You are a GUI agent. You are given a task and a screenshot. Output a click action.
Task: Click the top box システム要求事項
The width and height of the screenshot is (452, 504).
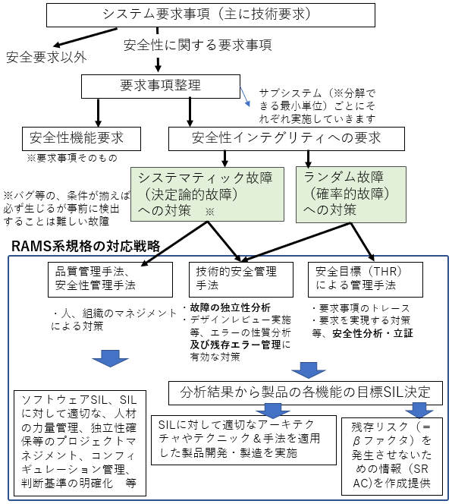pos(211,15)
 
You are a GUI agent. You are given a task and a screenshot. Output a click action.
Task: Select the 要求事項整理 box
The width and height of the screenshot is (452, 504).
pos(161,87)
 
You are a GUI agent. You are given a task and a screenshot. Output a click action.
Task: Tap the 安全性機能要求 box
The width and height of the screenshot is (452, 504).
pos(81,139)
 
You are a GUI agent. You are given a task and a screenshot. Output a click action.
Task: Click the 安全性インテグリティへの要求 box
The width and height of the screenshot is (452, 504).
pos(287,139)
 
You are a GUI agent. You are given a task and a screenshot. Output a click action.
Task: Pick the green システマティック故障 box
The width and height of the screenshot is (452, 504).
pos(207,194)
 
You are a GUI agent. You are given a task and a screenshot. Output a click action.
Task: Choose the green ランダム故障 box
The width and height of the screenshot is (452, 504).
pos(351,194)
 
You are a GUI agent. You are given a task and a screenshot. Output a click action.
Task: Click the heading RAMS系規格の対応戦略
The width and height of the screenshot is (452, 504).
pos(86,247)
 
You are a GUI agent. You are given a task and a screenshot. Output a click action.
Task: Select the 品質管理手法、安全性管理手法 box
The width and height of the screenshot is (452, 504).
pos(110,279)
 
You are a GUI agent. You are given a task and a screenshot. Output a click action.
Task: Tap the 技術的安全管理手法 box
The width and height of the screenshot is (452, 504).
pos(241,279)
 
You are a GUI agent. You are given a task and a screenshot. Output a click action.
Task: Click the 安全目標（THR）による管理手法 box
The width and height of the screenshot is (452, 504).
pos(366,279)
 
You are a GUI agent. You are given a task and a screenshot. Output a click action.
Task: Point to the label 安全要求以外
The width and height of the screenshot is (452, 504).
pos(46,58)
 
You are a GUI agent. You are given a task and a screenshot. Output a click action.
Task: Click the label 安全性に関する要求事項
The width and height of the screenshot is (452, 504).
pos(198,45)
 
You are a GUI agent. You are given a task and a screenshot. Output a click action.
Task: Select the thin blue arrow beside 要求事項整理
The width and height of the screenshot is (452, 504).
pos(245,96)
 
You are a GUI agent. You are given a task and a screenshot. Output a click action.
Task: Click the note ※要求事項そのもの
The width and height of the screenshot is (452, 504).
pos(72,158)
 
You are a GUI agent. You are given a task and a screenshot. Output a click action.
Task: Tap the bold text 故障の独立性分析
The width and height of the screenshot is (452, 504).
pos(230,307)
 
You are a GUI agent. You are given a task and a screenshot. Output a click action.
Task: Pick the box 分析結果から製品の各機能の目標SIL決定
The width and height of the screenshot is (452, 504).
pos(306,392)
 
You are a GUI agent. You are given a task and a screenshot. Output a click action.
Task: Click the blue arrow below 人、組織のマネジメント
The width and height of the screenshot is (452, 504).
pos(110,358)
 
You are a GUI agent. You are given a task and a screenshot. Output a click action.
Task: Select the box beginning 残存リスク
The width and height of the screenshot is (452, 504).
pos(392,456)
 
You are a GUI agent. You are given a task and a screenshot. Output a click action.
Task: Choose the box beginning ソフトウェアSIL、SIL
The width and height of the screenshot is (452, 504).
pos(80,443)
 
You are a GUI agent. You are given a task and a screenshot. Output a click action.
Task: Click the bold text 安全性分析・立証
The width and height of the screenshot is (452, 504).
pos(372,333)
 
